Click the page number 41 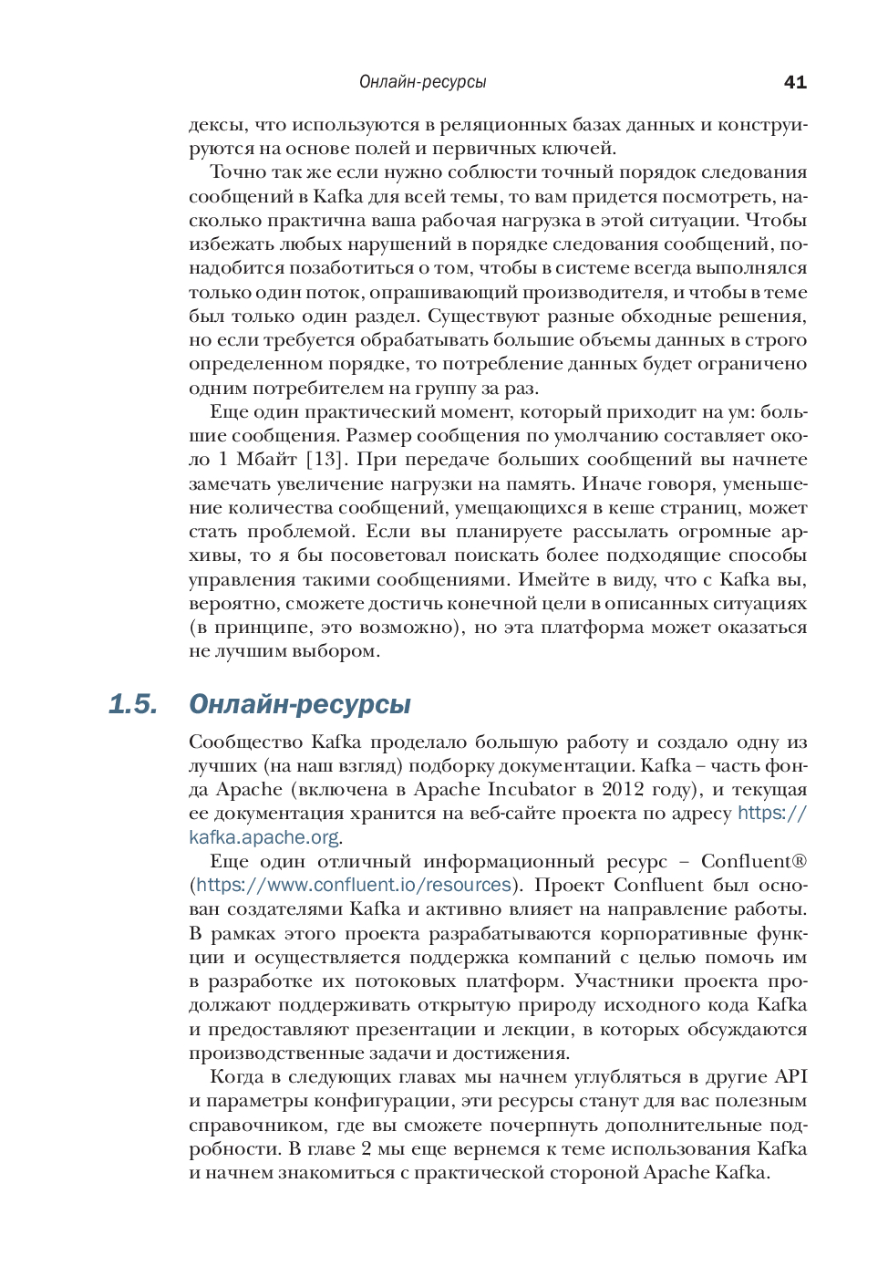(x=795, y=82)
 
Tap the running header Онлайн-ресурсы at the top (x=422, y=82)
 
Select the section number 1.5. (x=132, y=704)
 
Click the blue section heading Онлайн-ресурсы (x=299, y=704)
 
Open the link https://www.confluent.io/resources (x=354, y=885)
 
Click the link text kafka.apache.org (x=263, y=837)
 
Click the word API (x=790, y=1077)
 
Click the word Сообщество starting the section (x=244, y=742)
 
